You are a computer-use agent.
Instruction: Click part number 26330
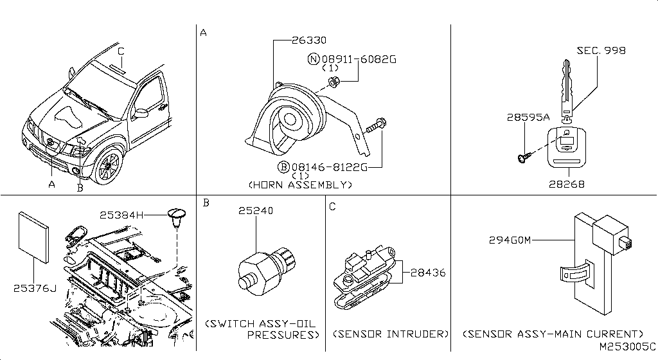(309, 40)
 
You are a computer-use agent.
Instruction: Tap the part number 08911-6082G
(359, 59)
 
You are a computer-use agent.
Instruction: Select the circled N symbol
(314, 59)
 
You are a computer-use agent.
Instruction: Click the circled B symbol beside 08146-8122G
(283, 167)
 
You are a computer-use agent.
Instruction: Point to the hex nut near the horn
(333, 83)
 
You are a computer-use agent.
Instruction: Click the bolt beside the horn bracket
(376, 125)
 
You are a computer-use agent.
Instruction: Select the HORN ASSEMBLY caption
(301, 184)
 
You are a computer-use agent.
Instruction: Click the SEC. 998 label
(601, 51)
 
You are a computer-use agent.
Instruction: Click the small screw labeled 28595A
(523, 157)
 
